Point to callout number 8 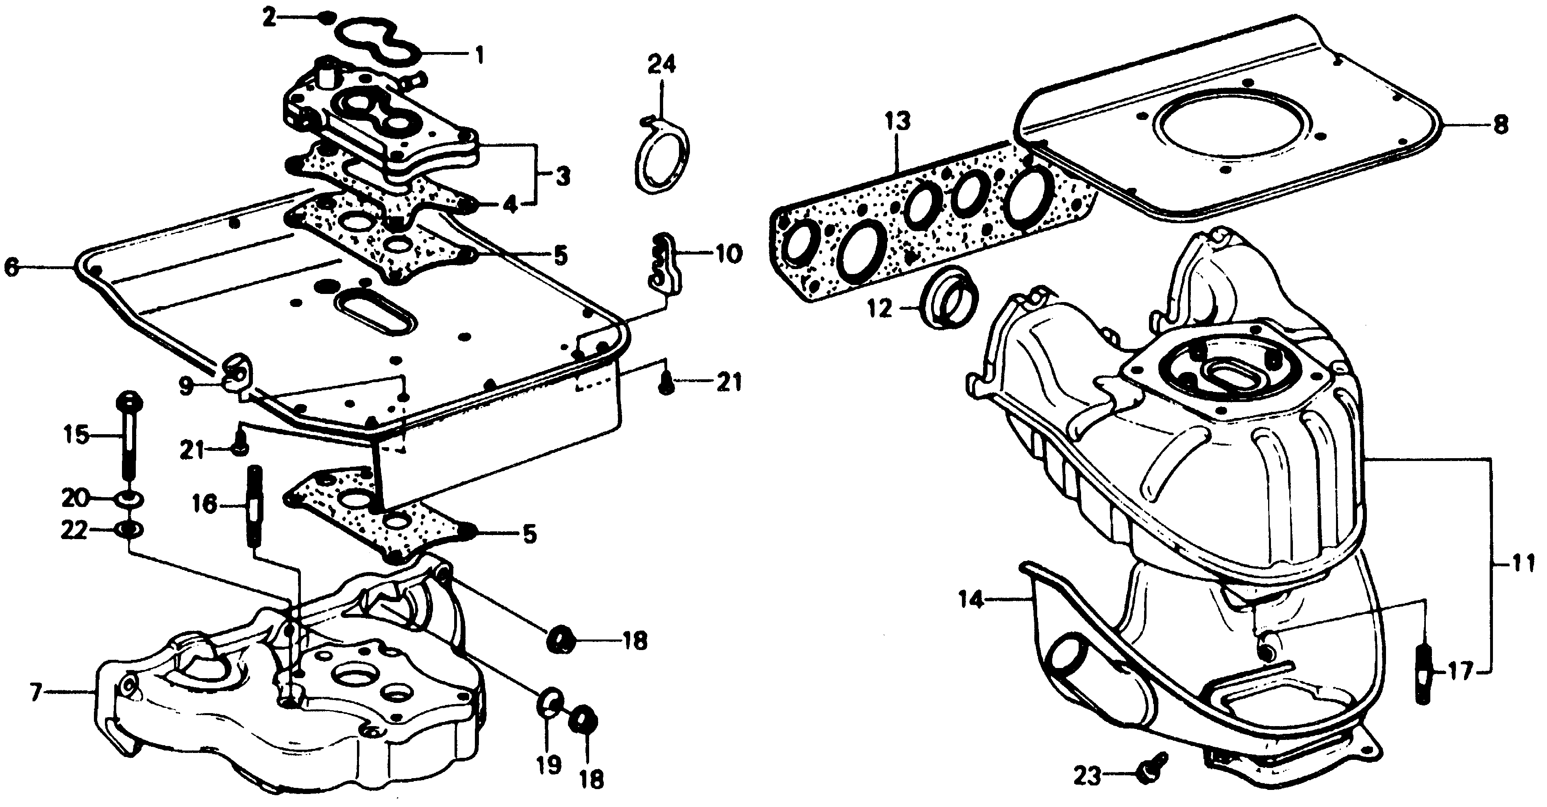[x=1500, y=126]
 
